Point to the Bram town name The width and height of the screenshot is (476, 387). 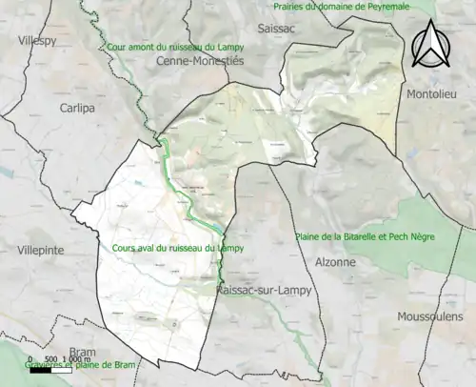click(83, 352)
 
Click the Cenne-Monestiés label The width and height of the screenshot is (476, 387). click(199, 60)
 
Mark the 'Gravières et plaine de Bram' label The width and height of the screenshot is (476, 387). click(69, 364)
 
